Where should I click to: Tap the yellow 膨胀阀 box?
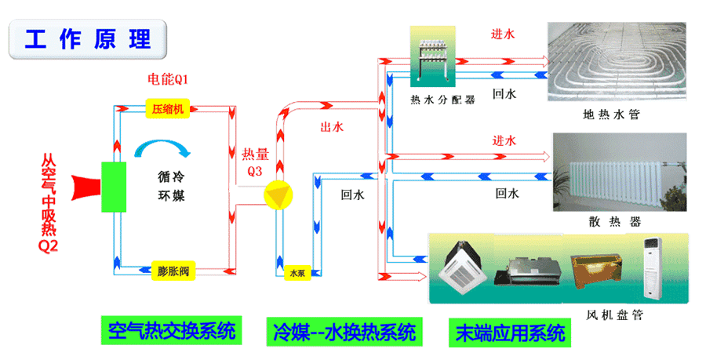(173, 271)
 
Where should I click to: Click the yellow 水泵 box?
(297, 274)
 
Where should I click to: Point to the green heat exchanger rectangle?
(115, 187)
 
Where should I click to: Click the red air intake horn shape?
(84, 187)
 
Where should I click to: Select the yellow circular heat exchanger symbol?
(276, 195)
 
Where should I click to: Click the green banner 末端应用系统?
(510, 331)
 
